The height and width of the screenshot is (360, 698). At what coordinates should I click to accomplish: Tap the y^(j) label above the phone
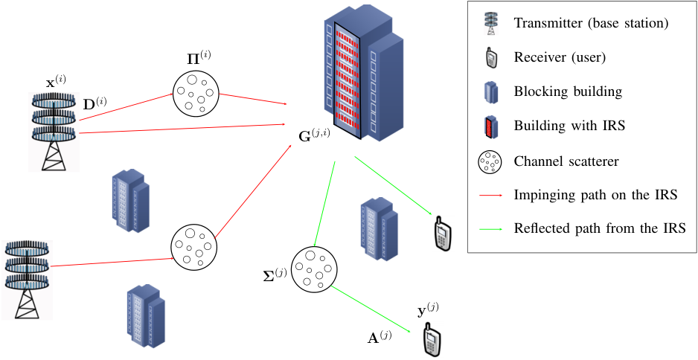click(x=427, y=311)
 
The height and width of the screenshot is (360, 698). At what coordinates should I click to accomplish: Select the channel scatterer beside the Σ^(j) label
click(x=314, y=270)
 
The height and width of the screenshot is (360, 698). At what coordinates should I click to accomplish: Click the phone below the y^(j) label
click(x=429, y=338)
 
